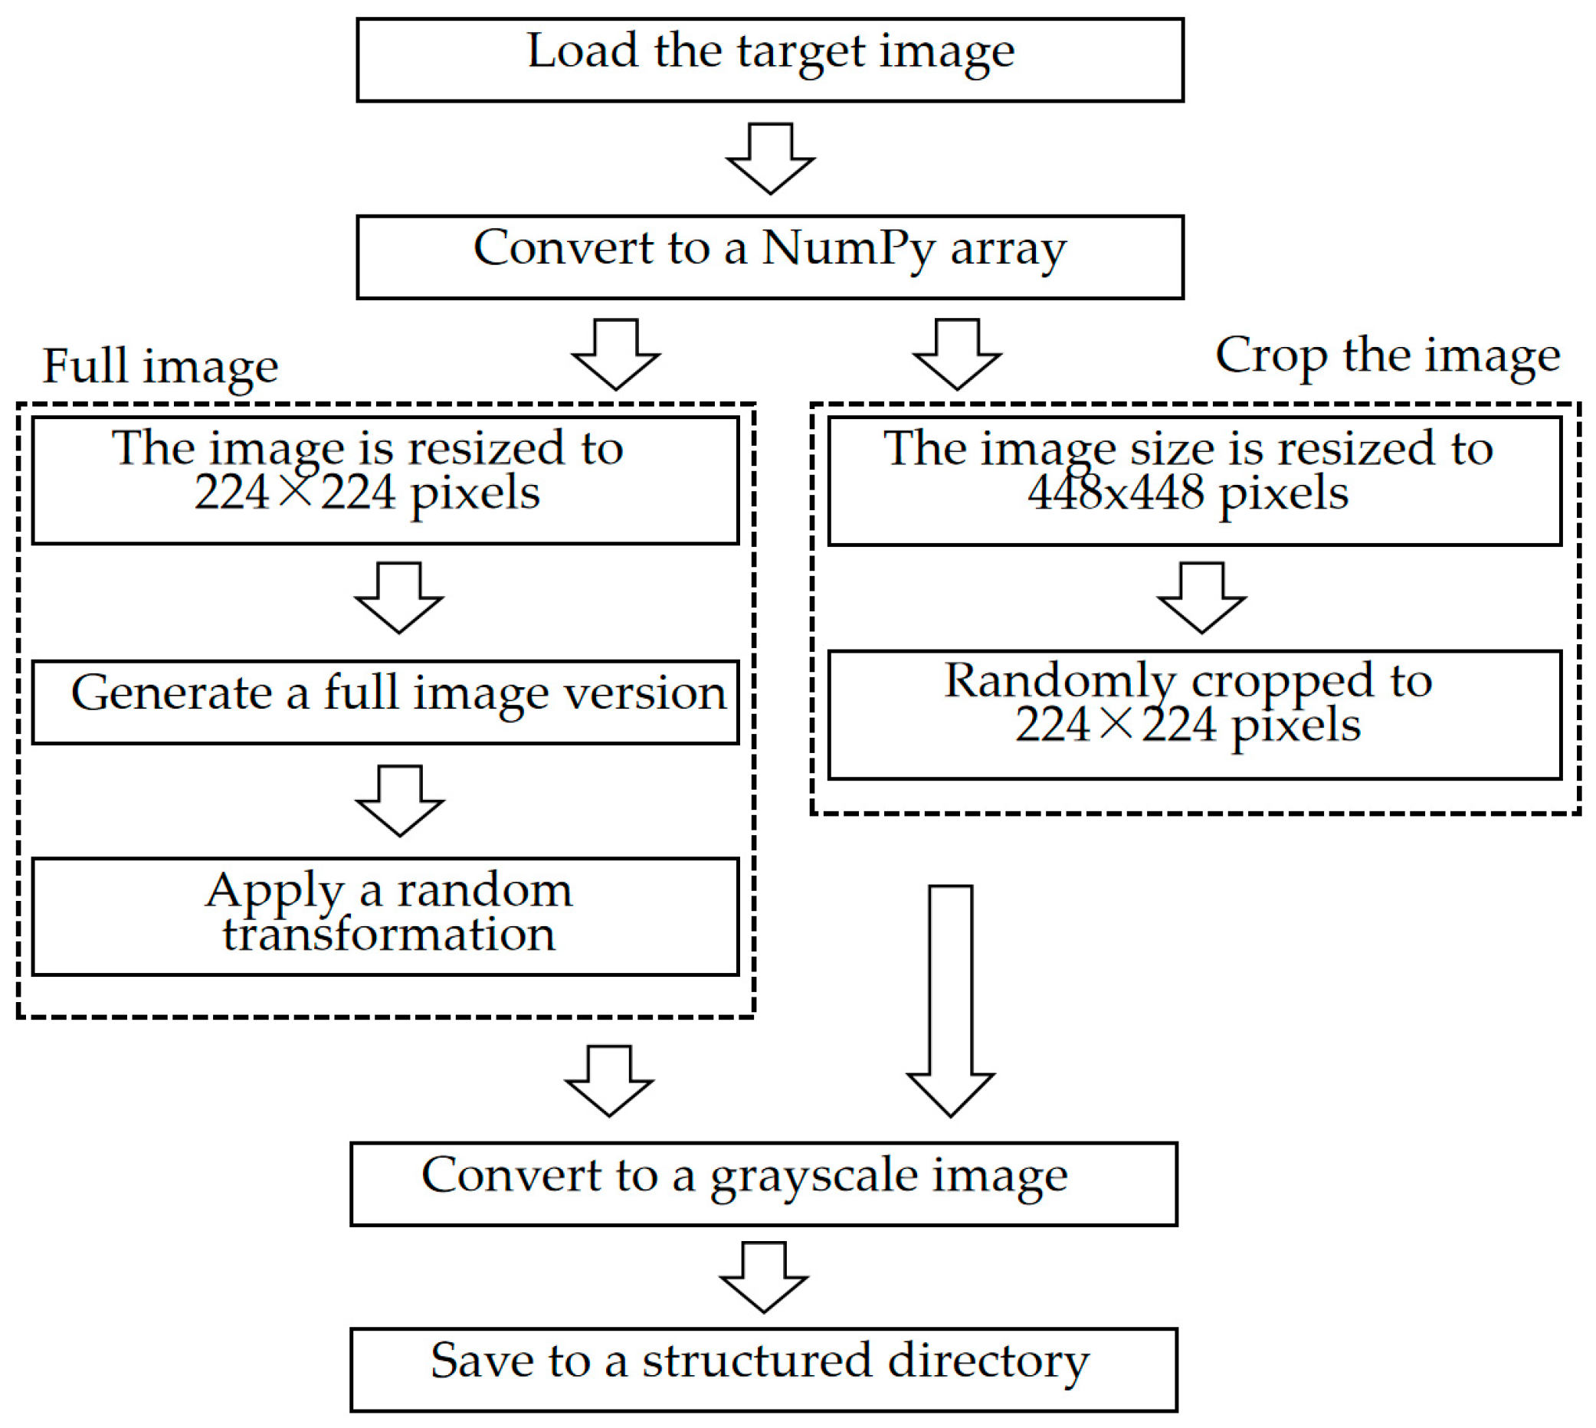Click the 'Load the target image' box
[x=769, y=60]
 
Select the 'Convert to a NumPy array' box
[x=769, y=257]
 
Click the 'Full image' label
[x=160, y=366]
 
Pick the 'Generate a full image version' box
[x=385, y=702]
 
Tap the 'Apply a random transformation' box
[x=385, y=915]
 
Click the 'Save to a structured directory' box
[x=762, y=1369]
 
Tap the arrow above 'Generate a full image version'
[x=398, y=598]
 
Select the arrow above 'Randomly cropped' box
[x=1201, y=598]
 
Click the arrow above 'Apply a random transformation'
[x=399, y=801]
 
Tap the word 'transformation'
[x=388, y=935]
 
